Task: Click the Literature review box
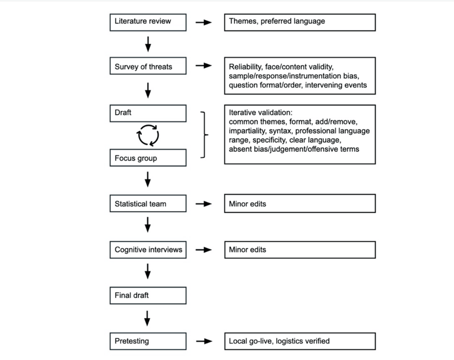[148, 22]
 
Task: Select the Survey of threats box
[148, 66]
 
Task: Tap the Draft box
[148, 113]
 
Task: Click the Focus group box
[148, 158]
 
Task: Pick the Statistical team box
[148, 203]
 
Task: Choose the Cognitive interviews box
[148, 250]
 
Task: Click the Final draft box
[148, 296]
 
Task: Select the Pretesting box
[148, 341]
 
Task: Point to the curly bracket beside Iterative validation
[205, 135]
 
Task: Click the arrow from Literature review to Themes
[204, 22]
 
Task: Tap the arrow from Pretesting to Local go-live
[204, 341]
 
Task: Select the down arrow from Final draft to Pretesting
[147, 318]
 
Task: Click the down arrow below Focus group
[148, 180]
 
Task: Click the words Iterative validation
[261, 113]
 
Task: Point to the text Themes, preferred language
[277, 21]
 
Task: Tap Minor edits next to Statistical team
[247, 204]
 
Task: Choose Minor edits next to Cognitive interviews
[247, 250]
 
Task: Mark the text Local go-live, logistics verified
[279, 341]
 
